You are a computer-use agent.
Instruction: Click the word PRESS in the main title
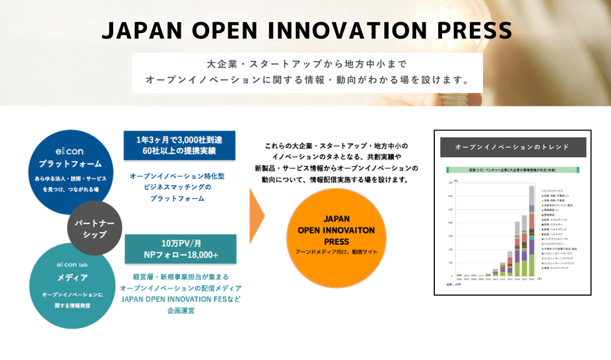463,31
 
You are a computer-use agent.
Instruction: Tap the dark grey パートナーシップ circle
95,228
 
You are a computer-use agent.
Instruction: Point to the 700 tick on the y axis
452,183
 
